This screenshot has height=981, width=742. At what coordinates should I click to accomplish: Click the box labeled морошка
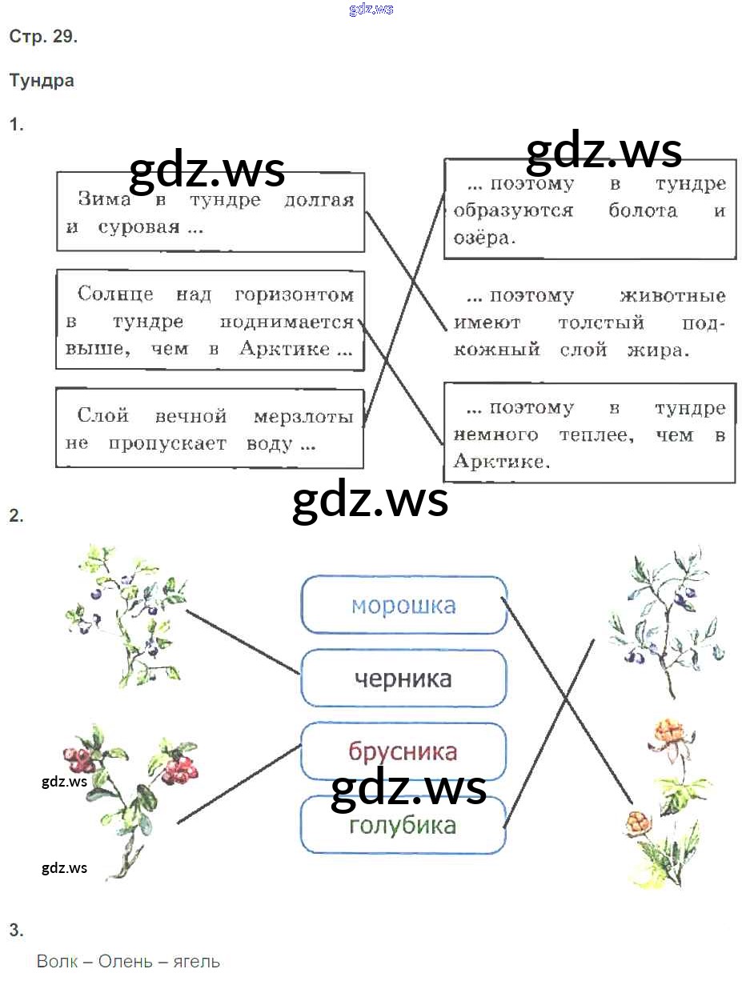(403, 605)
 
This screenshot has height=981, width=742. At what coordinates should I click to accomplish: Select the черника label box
(403, 679)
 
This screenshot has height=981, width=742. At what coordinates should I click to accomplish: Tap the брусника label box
(403, 751)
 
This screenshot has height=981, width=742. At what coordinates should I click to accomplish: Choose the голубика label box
(403, 825)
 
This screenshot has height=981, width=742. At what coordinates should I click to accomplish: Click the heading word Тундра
(42, 81)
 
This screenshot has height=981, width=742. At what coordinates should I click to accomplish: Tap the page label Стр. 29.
(43, 37)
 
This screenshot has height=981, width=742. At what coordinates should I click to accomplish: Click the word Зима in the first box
(104, 200)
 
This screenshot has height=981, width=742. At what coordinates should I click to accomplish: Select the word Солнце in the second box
(115, 294)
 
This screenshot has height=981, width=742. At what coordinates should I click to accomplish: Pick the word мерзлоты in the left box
(303, 416)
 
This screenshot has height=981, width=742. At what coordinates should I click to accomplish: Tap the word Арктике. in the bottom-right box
(502, 462)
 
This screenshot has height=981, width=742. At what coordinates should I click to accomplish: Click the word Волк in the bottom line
(58, 961)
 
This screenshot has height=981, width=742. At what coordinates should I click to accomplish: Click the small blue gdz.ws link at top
(371, 10)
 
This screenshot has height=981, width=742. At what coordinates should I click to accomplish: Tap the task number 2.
(16, 516)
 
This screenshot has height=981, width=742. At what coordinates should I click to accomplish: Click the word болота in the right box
(643, 211)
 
